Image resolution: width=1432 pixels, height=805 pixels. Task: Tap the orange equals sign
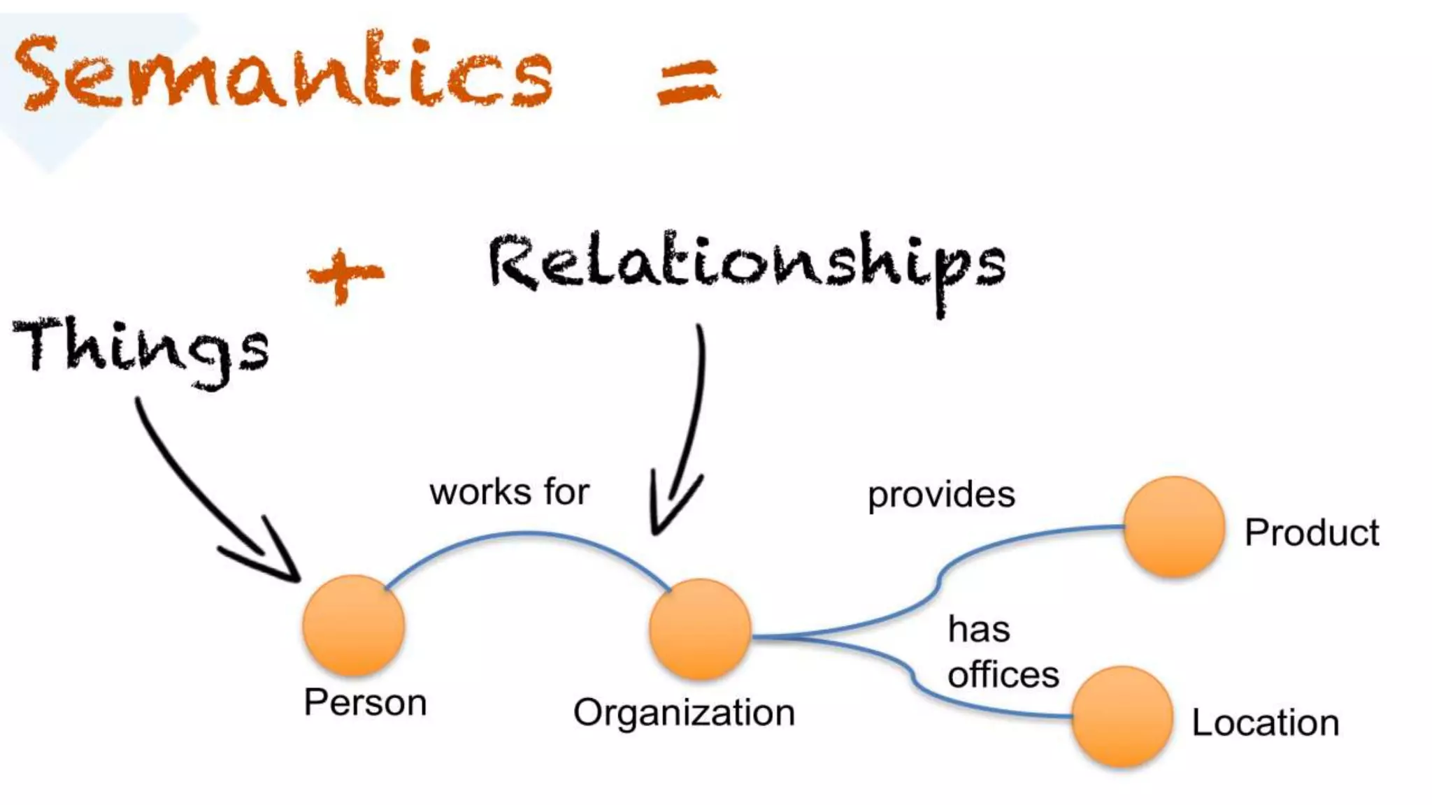(688, 82)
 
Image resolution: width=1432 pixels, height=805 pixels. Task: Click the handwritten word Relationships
(747, 264)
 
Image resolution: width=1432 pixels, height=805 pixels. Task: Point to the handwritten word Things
(140, 347)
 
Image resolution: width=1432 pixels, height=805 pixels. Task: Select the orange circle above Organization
(700, 629)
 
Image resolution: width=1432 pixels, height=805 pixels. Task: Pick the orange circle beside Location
(1122, 717)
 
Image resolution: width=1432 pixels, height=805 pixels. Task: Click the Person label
(365, 702)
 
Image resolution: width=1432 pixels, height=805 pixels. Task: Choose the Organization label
(684, 713)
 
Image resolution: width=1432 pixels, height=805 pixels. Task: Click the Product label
(1312, 532)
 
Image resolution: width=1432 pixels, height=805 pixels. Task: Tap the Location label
(1266, 723)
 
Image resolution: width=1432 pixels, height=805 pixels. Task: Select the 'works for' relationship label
(510, 492)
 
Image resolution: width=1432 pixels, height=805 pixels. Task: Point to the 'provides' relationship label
(941, 495)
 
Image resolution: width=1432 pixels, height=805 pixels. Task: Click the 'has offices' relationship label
(1003, 653)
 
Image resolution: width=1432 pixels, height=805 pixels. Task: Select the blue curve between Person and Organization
(524, 535)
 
